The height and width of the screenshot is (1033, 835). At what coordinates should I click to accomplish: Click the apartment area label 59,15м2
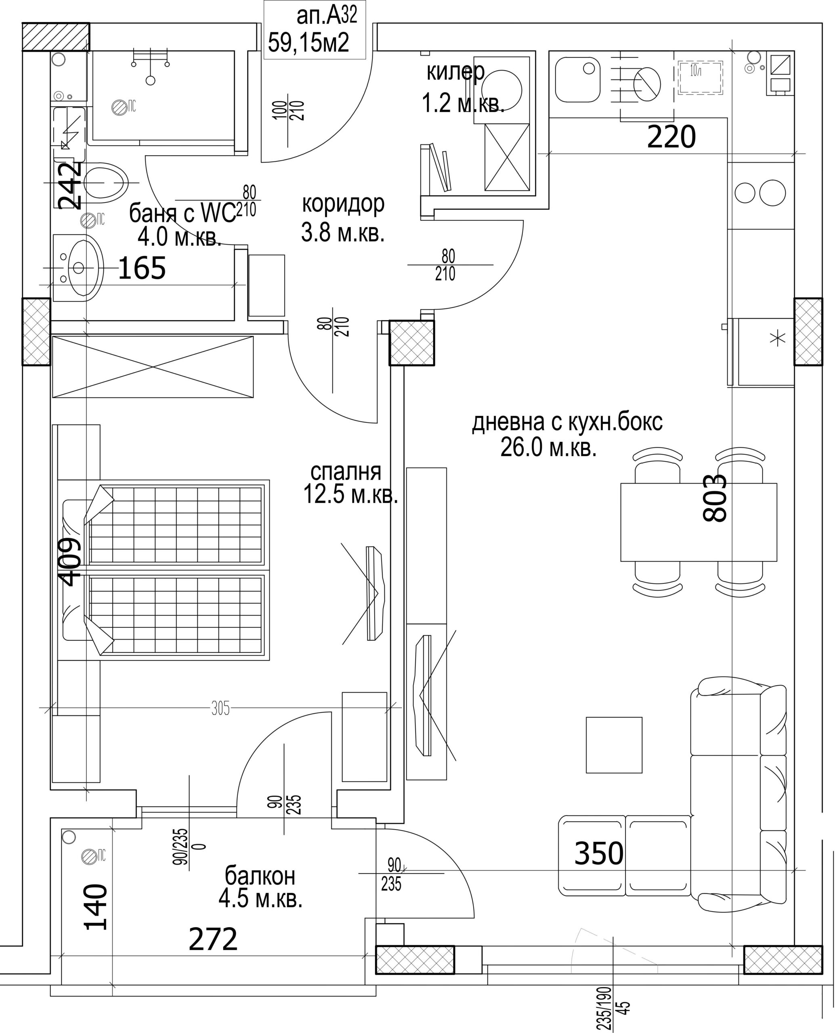click(x=308, y=43)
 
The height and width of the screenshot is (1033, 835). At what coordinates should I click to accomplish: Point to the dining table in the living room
click(x=699, y=522)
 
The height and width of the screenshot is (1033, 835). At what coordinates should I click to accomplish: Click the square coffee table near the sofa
click(x=614, y=744)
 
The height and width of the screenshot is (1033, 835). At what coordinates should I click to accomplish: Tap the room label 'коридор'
click(x=343, y=204)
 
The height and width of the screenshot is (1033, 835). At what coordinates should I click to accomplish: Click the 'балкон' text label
click(x=260, y=876)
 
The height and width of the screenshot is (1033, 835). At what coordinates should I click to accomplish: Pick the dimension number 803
click(x=714, y=498)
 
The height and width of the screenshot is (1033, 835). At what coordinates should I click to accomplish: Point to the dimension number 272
click(x=213, y=940)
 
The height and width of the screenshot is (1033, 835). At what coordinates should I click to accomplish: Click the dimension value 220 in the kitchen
click(x=671, y=138)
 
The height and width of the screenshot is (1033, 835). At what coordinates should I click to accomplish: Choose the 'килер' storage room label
click(x=455, y=72)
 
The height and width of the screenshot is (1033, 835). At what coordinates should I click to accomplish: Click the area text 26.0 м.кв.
click(x=548, y=448)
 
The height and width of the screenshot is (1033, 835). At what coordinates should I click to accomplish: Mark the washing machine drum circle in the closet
click(x=501, y=90)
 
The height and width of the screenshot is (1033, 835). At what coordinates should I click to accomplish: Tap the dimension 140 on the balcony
click(x=96, y=907)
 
